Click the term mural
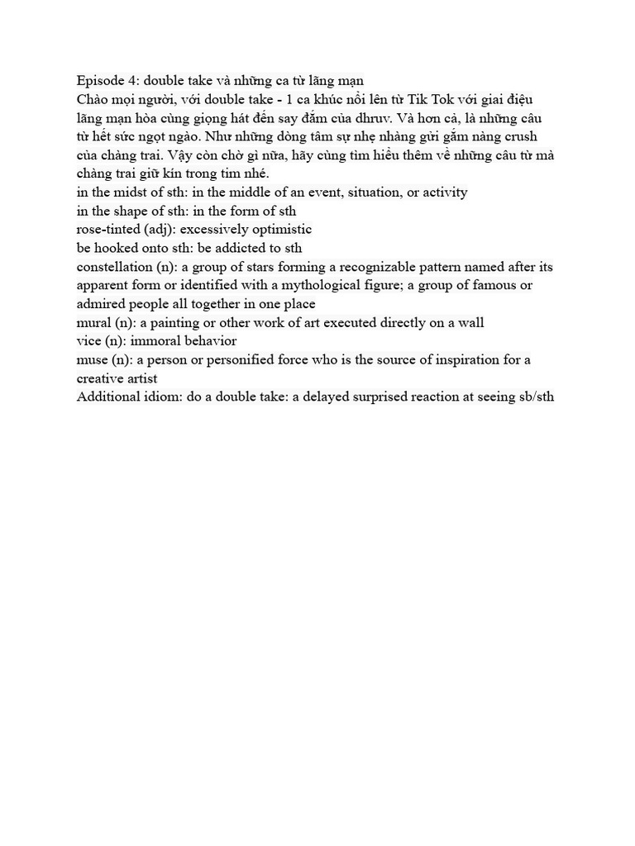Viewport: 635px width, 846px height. click(x=93, y=323)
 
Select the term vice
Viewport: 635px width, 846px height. click(x=89, y=341)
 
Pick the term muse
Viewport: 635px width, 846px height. click(x=92, y=360)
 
